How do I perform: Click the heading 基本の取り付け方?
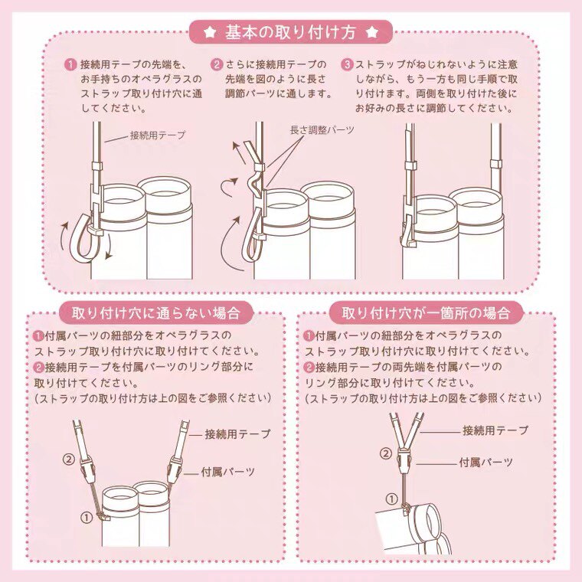[291, 33]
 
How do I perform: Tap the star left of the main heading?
[210, 33]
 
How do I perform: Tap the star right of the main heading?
[372, 33]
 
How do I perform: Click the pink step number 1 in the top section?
[70, 64]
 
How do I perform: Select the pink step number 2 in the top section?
[217, 64]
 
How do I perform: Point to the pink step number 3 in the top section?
[347, 64]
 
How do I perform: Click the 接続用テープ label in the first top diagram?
[158, 135]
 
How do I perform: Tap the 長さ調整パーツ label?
[322, 130]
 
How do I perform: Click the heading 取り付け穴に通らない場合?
[156, 313]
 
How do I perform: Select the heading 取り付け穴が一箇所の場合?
[426, 313]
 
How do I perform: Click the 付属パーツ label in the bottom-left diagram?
[228, 472]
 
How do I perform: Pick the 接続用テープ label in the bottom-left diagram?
[237, 433]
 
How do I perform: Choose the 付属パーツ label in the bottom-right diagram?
[486, 462]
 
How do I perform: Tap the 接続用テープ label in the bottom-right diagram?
[495, 430]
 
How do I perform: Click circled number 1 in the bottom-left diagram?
[87, 517]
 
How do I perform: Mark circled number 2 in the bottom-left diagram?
[69, 459]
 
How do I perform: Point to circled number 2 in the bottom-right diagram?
[386, 453]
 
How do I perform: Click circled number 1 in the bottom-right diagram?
[392, 499]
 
